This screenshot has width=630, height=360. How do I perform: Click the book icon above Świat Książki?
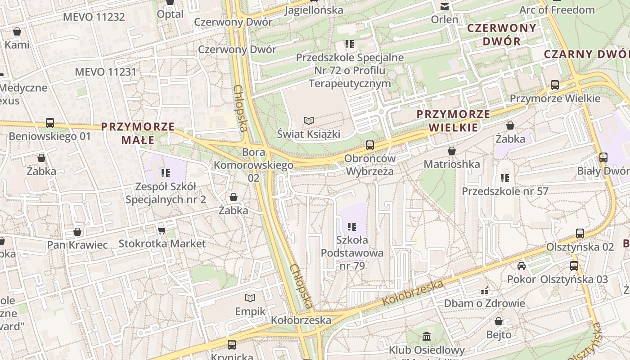coord(308,121)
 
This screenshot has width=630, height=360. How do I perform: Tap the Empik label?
coord(250,311)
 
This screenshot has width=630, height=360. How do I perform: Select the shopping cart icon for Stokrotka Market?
coord(162,231)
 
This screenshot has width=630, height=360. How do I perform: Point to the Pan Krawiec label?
coord(78,245)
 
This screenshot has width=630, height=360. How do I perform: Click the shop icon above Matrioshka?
coord(451,151)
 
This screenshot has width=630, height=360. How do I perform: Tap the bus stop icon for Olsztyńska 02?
coord(580,234)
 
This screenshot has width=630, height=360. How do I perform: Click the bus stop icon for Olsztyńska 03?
coord(574,265)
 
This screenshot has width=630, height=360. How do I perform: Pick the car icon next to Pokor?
coord(522,266)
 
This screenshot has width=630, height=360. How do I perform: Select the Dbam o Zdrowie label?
coord(485,303)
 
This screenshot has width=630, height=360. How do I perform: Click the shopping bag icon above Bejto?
coord(499,321)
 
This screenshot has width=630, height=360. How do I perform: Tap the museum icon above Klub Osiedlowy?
coord(427,336)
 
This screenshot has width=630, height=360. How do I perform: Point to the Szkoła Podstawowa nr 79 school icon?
coord(352,226)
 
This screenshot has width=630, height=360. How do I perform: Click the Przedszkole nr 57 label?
coord(505,191)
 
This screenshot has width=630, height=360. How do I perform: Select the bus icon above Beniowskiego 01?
coord(49,122)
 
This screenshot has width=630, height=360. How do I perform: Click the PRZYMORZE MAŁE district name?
coord(138,133)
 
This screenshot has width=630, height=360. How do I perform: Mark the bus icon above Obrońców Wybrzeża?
coord(370,145)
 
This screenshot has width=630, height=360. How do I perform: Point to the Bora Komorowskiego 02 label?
coord(254,165)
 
